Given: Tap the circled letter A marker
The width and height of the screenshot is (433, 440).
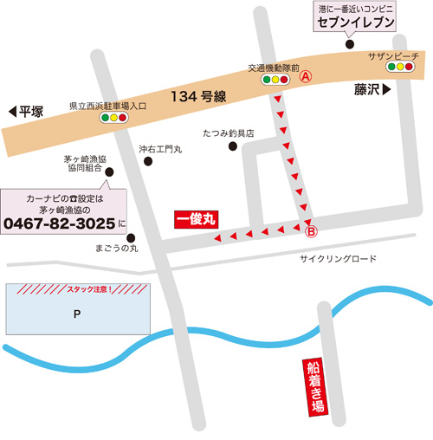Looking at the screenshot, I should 305,76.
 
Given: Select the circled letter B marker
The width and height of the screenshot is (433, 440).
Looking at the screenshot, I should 312,231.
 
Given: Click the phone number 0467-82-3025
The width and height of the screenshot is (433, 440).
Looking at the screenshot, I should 59,224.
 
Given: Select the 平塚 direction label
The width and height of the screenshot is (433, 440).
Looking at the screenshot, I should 26,111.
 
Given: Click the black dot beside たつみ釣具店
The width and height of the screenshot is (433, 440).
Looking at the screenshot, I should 232,146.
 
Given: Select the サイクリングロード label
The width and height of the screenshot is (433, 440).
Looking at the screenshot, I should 338,259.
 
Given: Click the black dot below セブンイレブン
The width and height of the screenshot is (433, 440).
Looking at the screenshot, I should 350,43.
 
